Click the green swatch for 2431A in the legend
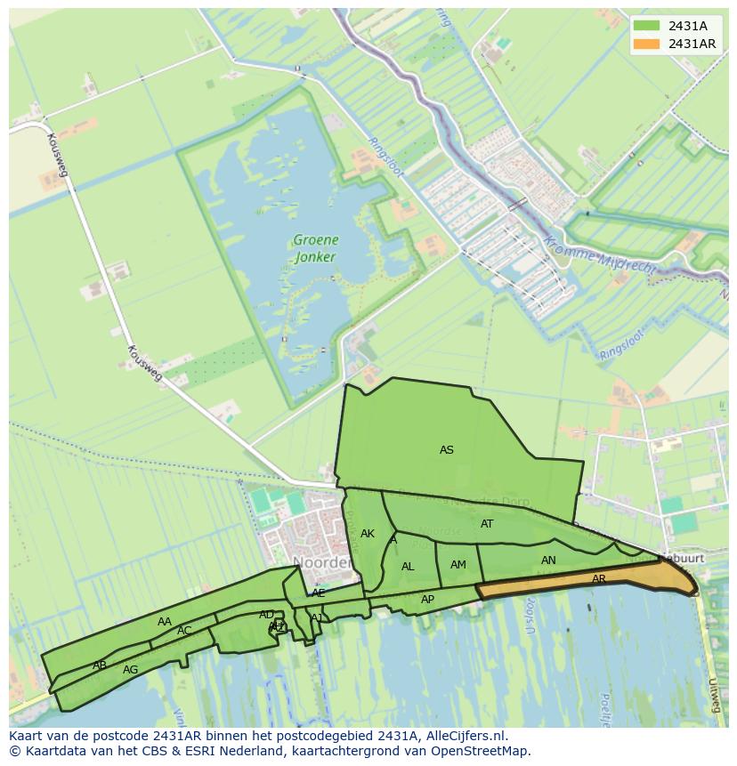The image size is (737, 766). click(x=647, y=26)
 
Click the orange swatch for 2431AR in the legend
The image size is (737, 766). click(x=647, y=44)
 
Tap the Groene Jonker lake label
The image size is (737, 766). click(x=315, y=248)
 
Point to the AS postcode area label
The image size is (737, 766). click(x=447, y=450)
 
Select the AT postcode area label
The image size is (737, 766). click(x=487, y=524)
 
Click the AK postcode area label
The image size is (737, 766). click(x=368, y=534)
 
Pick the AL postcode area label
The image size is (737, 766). click(x=408, y=567)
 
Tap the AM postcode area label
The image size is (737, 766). click(x=458, y=565)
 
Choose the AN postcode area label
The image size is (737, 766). click(x=548, y=560)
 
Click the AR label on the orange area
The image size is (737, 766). click(x=599, y=579)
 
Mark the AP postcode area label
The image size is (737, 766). click(x=427, y=600)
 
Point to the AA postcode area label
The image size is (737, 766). click(x=165, y=622)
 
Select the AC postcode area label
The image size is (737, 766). click(x=184, y=631)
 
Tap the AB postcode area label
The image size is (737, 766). click(x=100, y=665)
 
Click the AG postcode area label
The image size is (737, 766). click(x=131, y=670)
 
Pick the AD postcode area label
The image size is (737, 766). click(x=267, y=615)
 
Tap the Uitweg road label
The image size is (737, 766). click(x=713, y=695)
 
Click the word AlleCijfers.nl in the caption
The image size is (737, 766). click(x=462, y=736)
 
